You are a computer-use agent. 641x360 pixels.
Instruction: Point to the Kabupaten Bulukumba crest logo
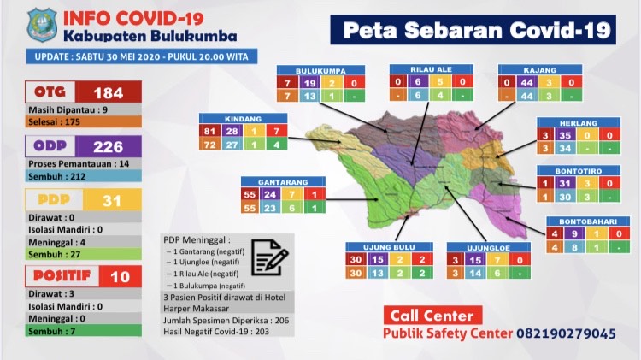click(41, 24)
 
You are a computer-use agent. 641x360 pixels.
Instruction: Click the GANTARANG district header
click(282, 182)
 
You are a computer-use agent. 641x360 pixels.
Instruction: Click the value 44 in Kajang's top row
click(527, 83)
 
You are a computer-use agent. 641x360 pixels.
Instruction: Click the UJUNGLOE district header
click(488, 248)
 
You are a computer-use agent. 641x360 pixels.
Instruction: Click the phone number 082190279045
click(566, 333)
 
